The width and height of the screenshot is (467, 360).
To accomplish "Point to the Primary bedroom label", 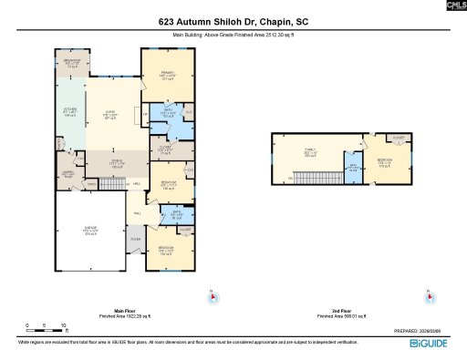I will [168, 77].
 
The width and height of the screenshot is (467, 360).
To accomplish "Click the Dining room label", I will [117, 164].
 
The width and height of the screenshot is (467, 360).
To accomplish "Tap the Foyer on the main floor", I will [135, 240].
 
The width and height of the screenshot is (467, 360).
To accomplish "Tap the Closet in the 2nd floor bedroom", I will [398, 138].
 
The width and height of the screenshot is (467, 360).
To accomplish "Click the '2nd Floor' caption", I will [339, 311].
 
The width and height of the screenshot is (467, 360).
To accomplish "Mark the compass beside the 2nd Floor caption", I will [428, 295].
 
